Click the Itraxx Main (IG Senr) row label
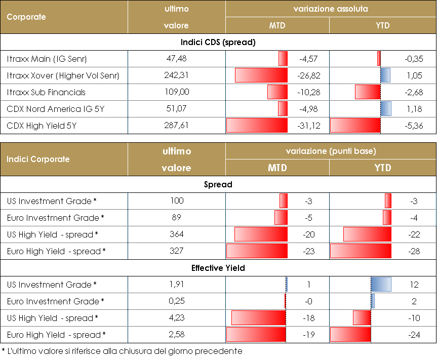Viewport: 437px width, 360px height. point(47,59)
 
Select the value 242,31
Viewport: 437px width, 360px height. point(177,76)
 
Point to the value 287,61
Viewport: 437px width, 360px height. point(177,126)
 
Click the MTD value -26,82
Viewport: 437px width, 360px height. point(307,76)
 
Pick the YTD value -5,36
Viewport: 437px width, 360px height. point(414,126)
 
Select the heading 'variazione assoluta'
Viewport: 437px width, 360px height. point(331,9)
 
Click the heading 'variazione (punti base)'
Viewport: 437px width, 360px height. point(331,151)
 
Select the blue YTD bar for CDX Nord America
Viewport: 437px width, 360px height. point(385,109)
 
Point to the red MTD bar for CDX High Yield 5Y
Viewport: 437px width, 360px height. point(257,126)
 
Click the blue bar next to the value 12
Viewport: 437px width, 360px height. point(381,285)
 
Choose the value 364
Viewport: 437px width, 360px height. point(177,234)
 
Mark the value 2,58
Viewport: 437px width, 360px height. point(177,335)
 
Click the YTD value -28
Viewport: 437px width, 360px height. point(414,251)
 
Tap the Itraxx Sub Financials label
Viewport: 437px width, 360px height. point(47,93)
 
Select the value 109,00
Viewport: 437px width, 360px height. point(177,93)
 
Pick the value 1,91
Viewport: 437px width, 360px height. point(177,285)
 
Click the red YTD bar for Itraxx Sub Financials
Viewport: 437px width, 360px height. point(368,93)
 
